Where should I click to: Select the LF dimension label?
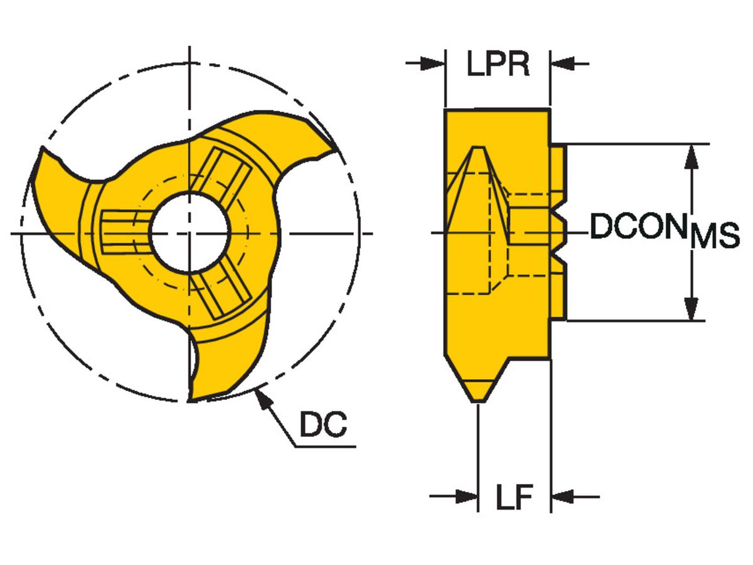point(514,498)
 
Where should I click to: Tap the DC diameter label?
point(323,426)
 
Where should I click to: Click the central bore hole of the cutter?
point(188,233)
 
